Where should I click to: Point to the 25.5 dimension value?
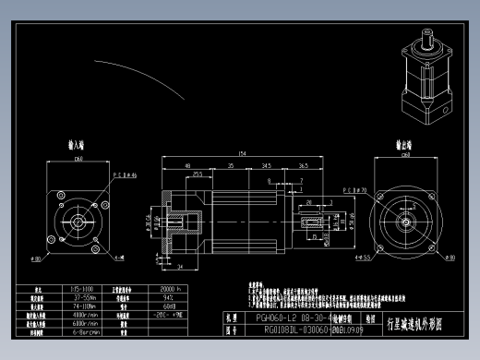(x=198, y=174)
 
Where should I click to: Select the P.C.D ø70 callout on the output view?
(x=354, y=189)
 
